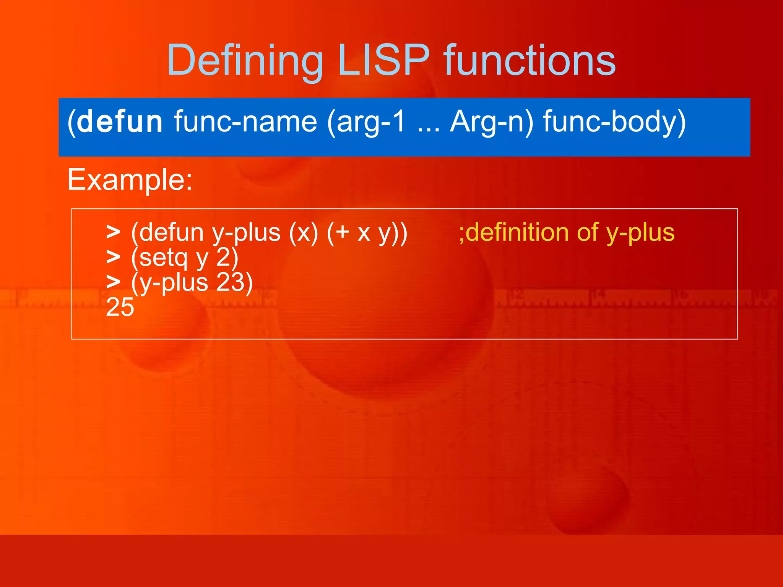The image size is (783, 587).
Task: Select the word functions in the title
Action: pyautogui.click(x=530, y=60)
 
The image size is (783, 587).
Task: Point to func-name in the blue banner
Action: pyautogui.click(x=245, y=122)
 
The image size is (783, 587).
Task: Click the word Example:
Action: pyautogui.click(x=130, y=180)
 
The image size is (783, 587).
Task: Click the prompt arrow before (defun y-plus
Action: pyautogui.click(x=113, y=232)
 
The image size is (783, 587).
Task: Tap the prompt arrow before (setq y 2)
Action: pyautogui.click(x=113, y=257)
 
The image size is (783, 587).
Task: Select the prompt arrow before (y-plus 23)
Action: pyautogui.click(x=113, y=282)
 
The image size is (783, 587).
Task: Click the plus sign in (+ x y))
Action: pyautogui.click(x=343, y=232)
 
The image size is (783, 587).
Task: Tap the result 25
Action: pyautogui.click(x=120, y=307)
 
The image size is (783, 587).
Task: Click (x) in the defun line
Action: pyautogui.click(x=304, y=233)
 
